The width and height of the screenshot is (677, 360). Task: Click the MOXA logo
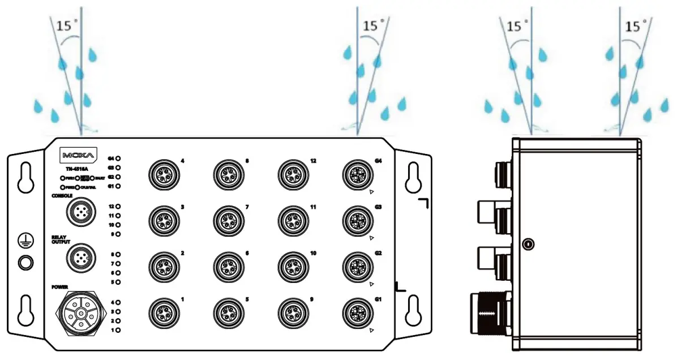(x=79, y=155)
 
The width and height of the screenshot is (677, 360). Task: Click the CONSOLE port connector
(x=78, y=212)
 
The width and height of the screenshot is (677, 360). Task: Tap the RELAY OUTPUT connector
(x=78, y=258)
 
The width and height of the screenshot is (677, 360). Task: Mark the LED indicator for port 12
(x=118, y=207)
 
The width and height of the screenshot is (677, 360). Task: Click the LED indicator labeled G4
(x=118, y=159)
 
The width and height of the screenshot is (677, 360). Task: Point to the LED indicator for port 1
(x=118, y=329)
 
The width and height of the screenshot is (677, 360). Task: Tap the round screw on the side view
(x=528, y=245)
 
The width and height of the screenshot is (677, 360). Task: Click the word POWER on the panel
(x=59, y=287)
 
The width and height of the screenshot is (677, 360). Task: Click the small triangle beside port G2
(x=371, y=283)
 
